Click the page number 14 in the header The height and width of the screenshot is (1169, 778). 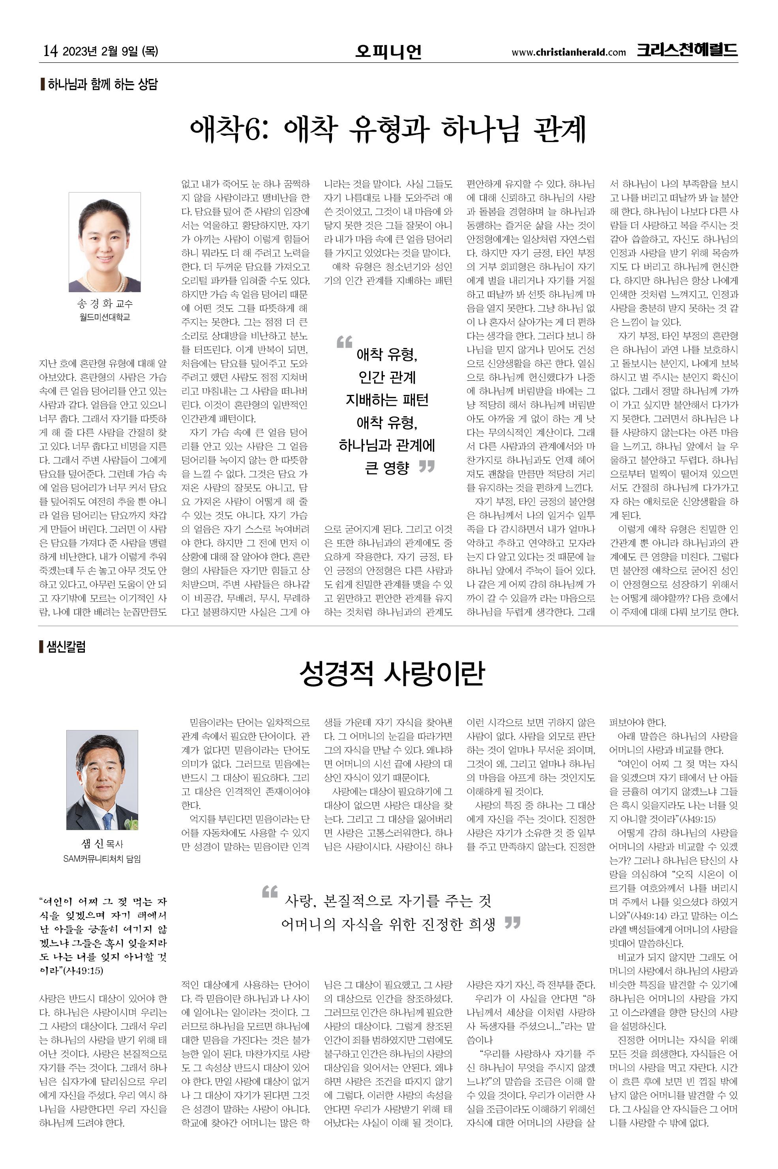50,51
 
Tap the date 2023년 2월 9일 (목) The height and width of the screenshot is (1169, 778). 110,51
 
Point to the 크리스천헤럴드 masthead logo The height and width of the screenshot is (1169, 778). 687,50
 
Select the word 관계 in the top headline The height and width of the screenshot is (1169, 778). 559,129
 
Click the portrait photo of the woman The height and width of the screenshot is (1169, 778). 104,241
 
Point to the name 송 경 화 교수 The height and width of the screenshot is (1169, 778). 104,303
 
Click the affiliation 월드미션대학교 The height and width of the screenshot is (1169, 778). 104,316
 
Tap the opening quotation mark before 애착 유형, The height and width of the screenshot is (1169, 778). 344,342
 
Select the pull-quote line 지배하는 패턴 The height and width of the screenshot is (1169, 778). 387,400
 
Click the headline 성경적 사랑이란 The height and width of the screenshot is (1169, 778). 392,673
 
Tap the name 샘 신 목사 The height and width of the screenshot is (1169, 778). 102,844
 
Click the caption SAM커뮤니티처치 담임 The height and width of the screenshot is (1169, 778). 102,859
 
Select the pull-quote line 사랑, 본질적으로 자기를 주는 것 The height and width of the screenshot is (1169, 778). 388,900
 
